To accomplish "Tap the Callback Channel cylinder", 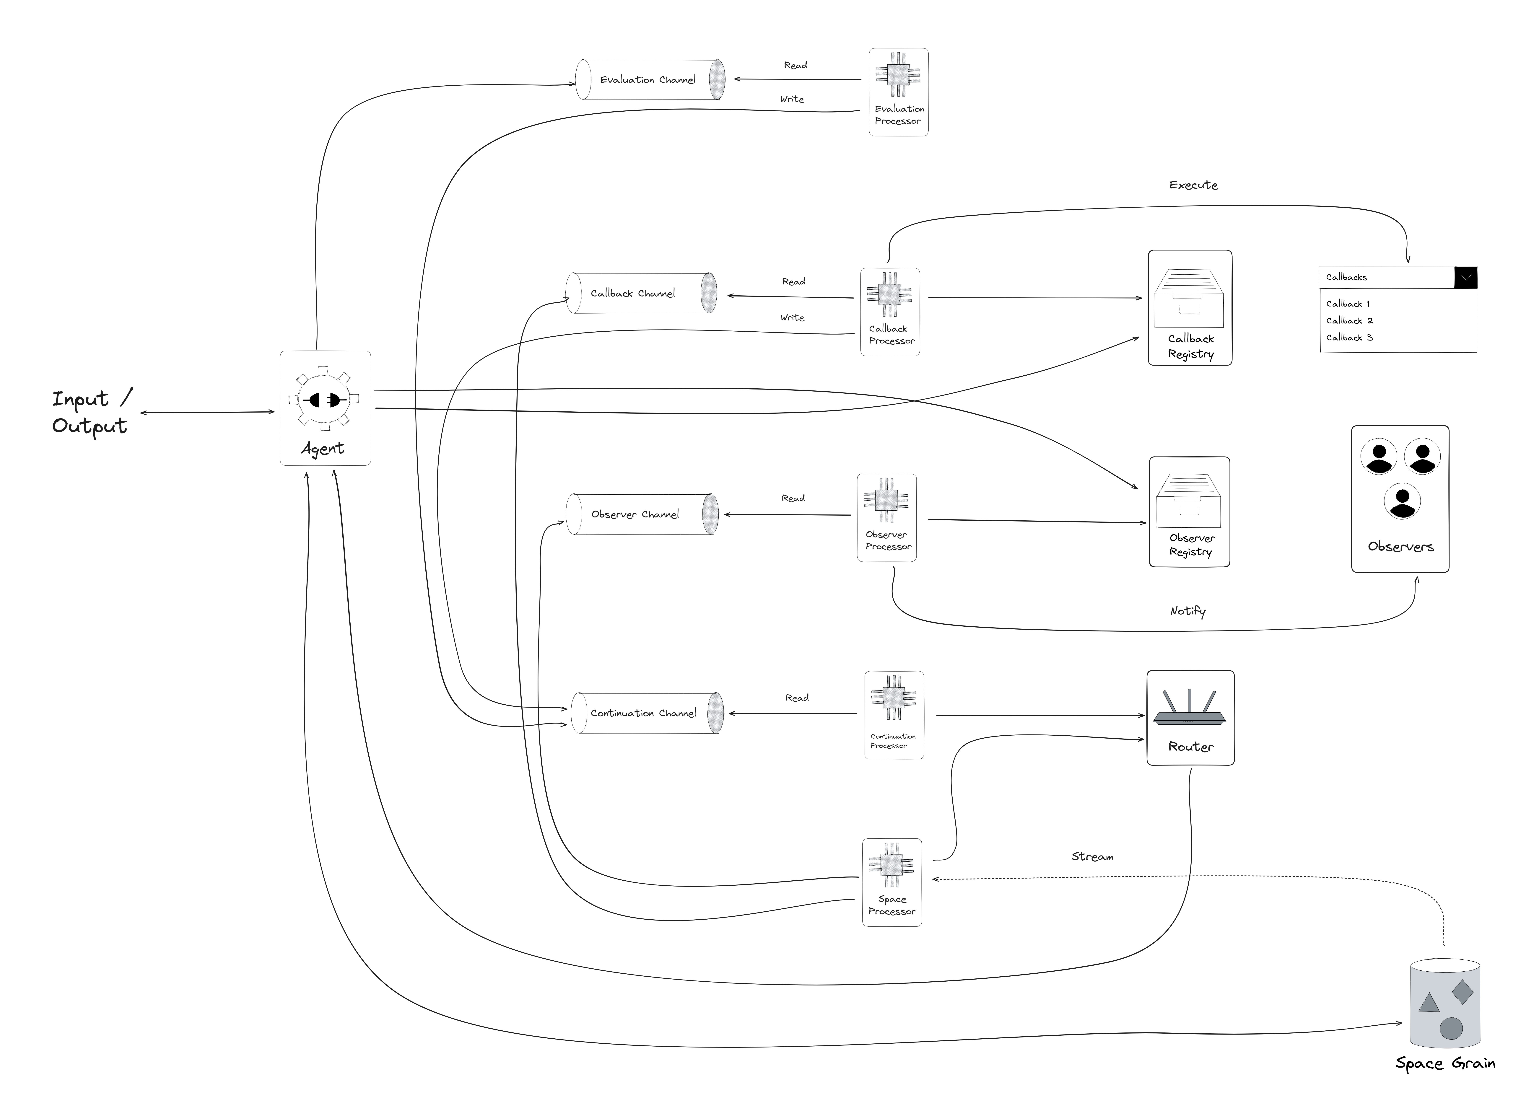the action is point(641,293).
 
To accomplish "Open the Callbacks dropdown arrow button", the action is point(1466,277).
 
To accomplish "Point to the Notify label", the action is point(1187,611).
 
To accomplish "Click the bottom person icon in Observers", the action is point(1402,501).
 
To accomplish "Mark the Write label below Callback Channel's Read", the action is point(792,317).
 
